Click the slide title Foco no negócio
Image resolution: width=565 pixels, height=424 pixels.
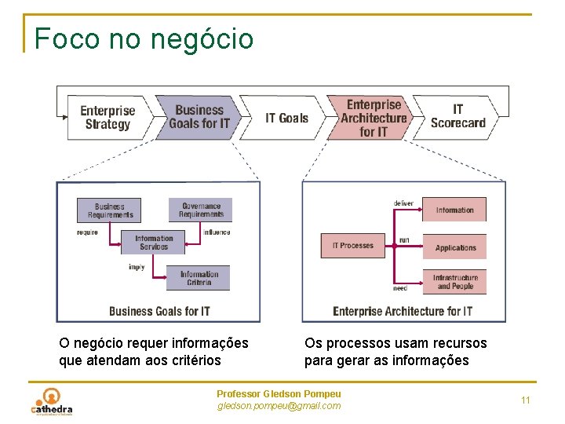coord(144,38)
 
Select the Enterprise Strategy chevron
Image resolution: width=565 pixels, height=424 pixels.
coord(108,118)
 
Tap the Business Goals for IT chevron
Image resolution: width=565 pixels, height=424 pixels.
coord(199,117)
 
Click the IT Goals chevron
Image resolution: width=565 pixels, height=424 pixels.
coord(286,118)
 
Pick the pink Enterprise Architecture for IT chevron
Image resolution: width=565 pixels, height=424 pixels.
coord(374,118)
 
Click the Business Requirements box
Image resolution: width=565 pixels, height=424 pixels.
coord(110,210)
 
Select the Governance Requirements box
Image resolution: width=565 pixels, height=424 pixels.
coord(201,210)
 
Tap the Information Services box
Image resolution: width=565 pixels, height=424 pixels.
coord(153,242)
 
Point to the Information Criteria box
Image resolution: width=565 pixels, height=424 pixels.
coord(199,278)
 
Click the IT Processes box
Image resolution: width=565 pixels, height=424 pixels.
coord(353,246)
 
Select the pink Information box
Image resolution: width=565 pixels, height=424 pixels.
coord(454,210)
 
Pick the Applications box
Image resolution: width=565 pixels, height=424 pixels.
coord(455,247)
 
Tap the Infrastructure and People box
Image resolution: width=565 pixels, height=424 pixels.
coord(455,282)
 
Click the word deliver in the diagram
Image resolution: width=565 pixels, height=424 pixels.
coord(403,203)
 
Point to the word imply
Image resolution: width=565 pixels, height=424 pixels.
coord(137,267)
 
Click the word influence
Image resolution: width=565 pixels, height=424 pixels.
coord(217,232)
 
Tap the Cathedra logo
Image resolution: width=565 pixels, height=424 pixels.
coord(52,402)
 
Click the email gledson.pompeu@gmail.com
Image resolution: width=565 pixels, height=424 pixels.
coord(279,406)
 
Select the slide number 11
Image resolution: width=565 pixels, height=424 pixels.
coord(526,400)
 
